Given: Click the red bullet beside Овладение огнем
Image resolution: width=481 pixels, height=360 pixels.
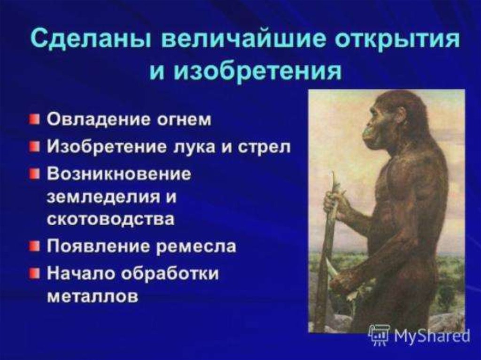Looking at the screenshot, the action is (34, 118).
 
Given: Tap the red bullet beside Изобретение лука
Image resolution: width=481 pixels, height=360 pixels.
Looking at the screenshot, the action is (34, 146).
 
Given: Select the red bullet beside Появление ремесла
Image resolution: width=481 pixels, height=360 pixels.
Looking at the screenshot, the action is (34, 245).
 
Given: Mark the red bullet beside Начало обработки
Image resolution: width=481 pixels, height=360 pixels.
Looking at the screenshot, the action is (34, 273).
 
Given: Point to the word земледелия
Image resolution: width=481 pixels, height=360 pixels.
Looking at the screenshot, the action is (103, 197).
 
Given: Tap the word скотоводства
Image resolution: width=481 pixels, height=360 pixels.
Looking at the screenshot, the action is (110, 219).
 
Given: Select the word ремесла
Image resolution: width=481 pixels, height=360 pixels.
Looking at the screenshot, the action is (196, 246).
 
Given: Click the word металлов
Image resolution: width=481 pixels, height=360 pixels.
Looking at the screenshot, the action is (93, 296).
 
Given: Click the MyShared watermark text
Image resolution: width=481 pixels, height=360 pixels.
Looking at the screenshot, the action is (432, 336).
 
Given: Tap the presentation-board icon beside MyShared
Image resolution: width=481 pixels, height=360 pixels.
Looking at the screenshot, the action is (379, 335).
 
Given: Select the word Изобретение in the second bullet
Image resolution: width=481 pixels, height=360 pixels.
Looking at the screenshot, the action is (106, 147).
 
